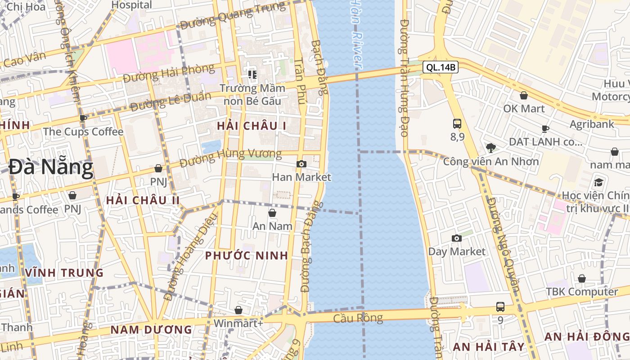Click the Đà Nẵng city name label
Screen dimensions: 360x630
pyautogui.click(x=51, y=167)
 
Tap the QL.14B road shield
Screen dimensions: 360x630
pyautogui.click(x=441, y=67)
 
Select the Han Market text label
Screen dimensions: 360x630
pyautogui.click(x=301, y=177)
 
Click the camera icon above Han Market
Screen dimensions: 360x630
pyautogui.click(x=301, y=164)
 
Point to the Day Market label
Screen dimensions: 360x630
pyautogui.click(x=457, y=252)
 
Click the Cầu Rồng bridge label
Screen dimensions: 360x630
pyautogui.click(x=358, y=318)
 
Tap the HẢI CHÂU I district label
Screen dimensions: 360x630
pyautogui.click(x=252, y=126)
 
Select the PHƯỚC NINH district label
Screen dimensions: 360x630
pyautogui.click(x=247, y=256)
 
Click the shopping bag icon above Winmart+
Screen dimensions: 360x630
pyautogui.click(x=238, y=310)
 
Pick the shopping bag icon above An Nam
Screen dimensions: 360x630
pyautogui.click(x=272, y=213)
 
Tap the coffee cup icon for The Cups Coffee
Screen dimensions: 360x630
pyautogui.click(x=83, y=118)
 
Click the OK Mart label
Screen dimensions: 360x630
pyautogui.click(x=524, y=109)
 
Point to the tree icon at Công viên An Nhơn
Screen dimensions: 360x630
pyautogui.click(x=490, y=148)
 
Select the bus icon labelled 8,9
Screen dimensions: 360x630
pyautogui.click(x=457, y=123)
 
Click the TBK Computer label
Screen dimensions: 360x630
pyautogui.click(x=582, y=292)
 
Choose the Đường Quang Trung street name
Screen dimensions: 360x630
pyautogui.click(x=232, y=16)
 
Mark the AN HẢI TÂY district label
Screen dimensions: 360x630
pyautogui.click(x=489, y=346)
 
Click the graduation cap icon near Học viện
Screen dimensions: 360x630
pyautogui.click(x=598, y=182)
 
